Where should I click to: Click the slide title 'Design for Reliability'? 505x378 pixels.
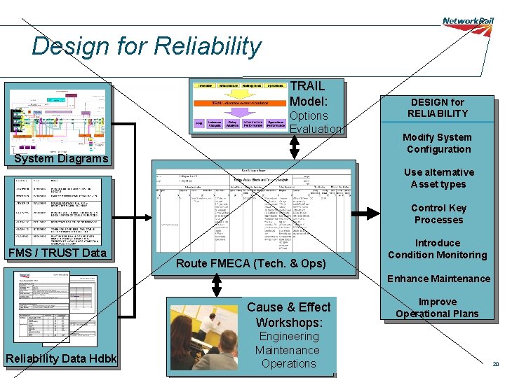(x=146, y=46)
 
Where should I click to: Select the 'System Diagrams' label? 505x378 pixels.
(x=62, y=159)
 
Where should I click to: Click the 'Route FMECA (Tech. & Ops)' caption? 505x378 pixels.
(x=250, y=263)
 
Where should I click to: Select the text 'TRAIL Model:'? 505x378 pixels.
(x=307, y=93)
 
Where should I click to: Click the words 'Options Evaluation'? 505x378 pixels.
(x=315, y=122)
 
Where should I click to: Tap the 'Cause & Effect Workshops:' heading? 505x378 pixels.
(x=288, y=315)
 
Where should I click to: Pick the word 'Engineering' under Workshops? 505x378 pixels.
(x=288, y=337)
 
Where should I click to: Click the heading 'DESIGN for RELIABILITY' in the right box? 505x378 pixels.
(x=438, y=108)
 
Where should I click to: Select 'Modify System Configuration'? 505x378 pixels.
(x=438, y=143)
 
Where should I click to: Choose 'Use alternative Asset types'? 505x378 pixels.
(x=438, y=178)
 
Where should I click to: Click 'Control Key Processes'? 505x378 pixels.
(x=438, y=213)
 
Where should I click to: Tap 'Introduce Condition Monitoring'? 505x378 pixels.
(x=437, y=249)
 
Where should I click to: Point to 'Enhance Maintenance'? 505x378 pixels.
(x=438, y=279)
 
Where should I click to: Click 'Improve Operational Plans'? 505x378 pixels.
(x=437, y=308)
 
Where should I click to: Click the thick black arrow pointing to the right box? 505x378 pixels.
(x=364, y=213)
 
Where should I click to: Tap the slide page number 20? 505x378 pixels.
(x=495, y=365)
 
